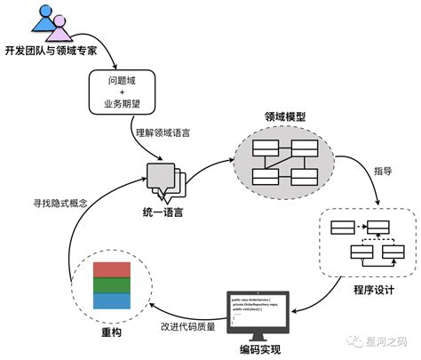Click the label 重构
coord(110,333)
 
